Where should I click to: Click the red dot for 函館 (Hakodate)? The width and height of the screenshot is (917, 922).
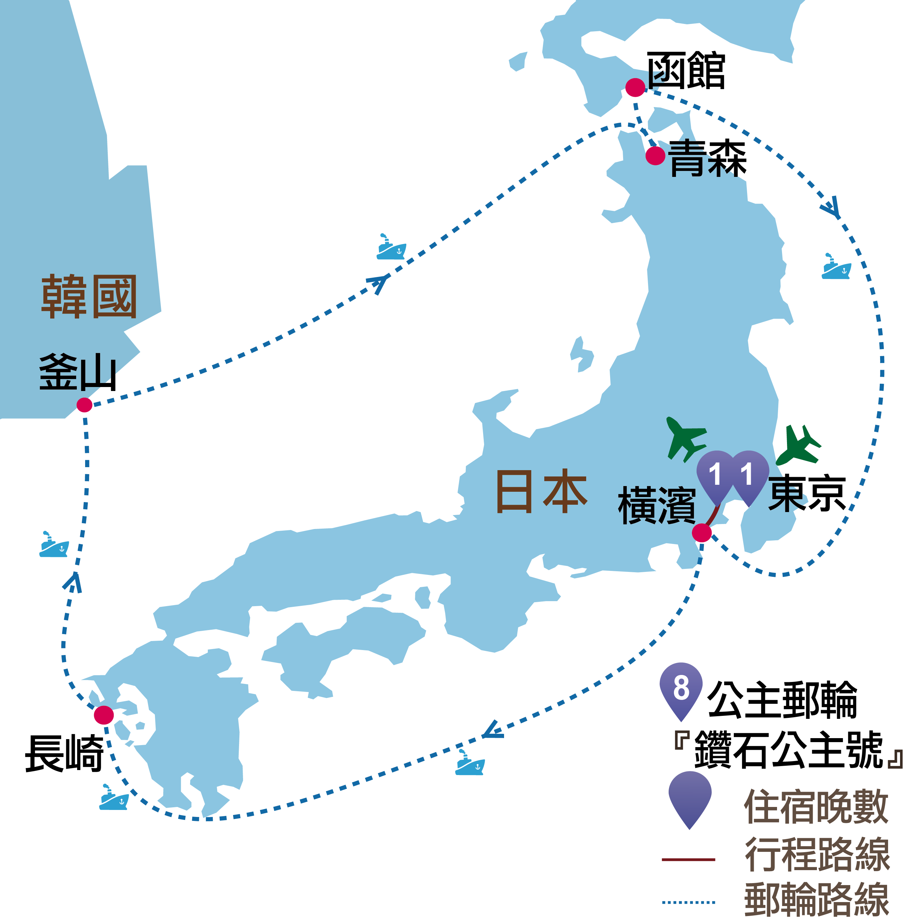click(635, 88)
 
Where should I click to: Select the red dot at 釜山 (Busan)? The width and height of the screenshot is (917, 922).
click(84, 405)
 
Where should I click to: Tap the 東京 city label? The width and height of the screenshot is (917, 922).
click(807, 494)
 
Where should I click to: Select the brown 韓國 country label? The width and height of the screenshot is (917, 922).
click(89, 297)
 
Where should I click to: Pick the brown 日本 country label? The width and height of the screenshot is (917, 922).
click(542, 491)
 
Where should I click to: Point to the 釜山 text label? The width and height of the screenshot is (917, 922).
click(78, 372)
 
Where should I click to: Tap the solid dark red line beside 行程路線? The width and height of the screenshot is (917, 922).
click(689, 859)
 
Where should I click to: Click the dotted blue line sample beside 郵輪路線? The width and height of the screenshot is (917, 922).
click(689, 902)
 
